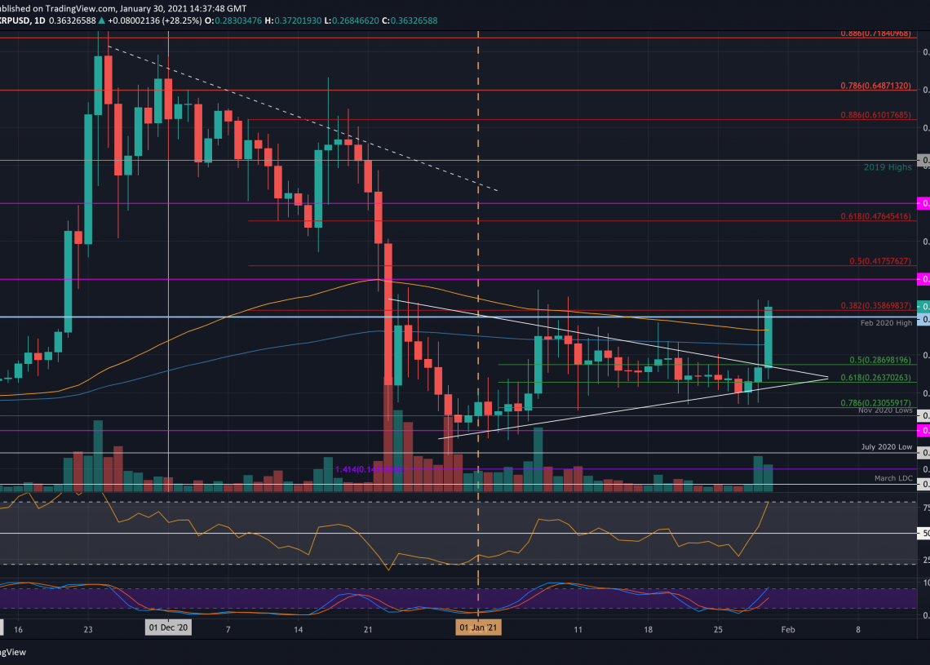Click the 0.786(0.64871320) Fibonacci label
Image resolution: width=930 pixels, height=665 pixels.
(876, 85)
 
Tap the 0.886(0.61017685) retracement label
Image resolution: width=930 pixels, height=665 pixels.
(876, 115)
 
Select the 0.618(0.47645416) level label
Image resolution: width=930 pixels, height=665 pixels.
(876, 216)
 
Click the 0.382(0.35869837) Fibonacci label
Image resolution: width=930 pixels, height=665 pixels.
(876, 305)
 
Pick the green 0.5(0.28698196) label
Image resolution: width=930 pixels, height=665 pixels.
(880, 360)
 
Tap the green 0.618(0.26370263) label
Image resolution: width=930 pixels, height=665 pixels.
(876, 378)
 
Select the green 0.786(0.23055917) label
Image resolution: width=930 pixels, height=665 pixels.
(876, 402)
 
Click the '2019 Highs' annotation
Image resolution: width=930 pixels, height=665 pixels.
(888, 167)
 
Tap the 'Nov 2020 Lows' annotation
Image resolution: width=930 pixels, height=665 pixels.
(884, 410)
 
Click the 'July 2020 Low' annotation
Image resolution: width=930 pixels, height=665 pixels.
(886, 447)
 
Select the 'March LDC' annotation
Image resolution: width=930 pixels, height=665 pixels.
(892, 478)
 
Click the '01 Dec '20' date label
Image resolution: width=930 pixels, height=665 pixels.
(168, 629)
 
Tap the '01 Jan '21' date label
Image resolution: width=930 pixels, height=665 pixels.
(478, 629)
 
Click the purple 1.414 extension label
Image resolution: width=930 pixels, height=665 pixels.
(357, 469)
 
